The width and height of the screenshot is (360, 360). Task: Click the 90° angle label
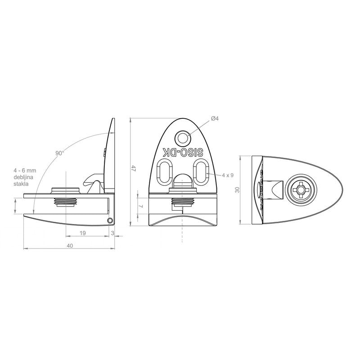click(59, 153)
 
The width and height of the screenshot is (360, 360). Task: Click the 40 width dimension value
click(70, 246)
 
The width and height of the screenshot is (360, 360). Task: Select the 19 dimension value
click(83, 233)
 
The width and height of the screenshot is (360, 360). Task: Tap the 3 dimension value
click(112, 233)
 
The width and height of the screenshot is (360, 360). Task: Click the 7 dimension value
click(141, 206)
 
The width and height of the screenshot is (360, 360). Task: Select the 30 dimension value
click(238, 190)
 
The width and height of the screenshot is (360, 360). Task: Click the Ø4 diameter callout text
click(215, 118)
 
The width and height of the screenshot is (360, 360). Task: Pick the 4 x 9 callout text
click(228, 175)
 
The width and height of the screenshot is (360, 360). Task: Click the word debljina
click(23, 177)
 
